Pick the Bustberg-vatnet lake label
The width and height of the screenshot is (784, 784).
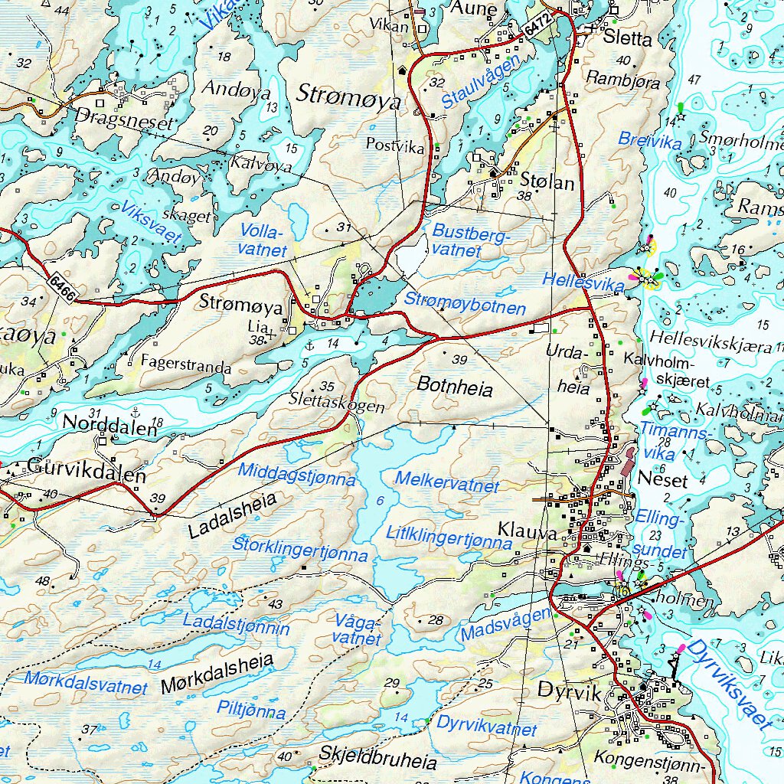pyautogui.click(x=469, y=240)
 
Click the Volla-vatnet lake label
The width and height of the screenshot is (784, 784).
pyautogui.click(x=263, y=240)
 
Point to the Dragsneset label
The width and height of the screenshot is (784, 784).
pyautogui.click(x=126, y=118)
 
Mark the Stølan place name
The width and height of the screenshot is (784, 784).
pyautogui.click(x=547, y=182)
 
